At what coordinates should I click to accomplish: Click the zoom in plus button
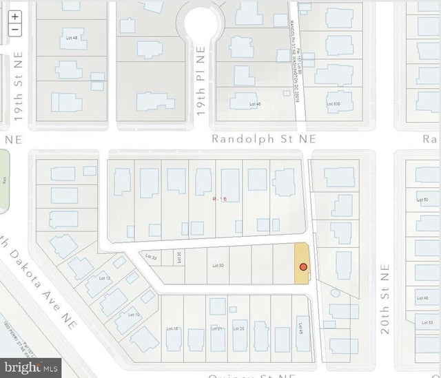click(15, 17)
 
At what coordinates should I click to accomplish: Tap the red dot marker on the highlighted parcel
click(302, 266)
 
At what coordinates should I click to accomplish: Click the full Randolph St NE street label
click(263, 138)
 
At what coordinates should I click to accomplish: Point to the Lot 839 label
click(332, 105)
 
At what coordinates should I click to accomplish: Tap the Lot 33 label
click(152, 257)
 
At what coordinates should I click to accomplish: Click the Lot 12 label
click(105, 278)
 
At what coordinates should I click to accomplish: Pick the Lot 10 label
click(134, 315)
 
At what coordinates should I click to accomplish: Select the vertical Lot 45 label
click(300, 329)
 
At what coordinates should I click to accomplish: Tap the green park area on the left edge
click(3, 180)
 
